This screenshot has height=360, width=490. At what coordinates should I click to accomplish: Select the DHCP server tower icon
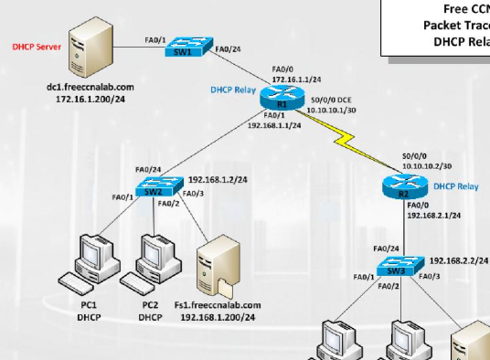[91, 46]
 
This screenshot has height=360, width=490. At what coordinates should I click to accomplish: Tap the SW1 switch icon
[189, 48]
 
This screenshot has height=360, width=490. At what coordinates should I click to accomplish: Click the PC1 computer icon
[89, 260]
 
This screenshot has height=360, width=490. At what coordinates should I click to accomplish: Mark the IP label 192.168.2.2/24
[459, 260]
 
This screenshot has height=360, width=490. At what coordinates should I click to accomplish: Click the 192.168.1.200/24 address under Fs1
[218, 317]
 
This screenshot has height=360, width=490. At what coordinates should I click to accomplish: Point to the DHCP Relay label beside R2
[455, 185]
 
